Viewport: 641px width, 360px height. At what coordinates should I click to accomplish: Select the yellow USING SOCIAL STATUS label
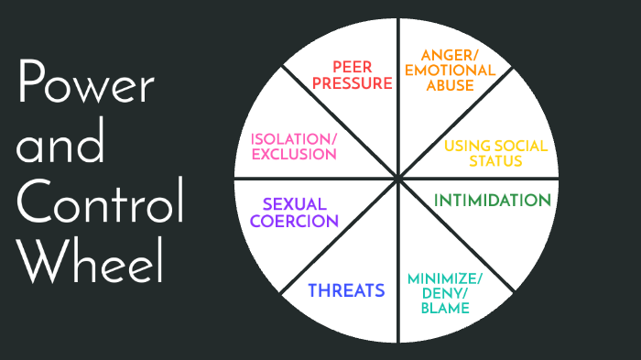[495, 153]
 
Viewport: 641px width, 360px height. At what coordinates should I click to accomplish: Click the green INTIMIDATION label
[492, 200]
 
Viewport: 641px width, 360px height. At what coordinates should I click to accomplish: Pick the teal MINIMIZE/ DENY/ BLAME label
[446, 292]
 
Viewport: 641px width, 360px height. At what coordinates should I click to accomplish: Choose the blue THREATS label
[346, 290]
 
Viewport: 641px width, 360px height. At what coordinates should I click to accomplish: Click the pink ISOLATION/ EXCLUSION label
[293, 146]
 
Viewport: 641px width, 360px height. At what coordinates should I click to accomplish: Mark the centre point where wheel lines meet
[397, 179]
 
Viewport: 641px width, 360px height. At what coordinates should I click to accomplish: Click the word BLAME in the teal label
[445, 308]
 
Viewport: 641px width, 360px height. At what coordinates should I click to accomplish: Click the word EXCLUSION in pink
[293, 154]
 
